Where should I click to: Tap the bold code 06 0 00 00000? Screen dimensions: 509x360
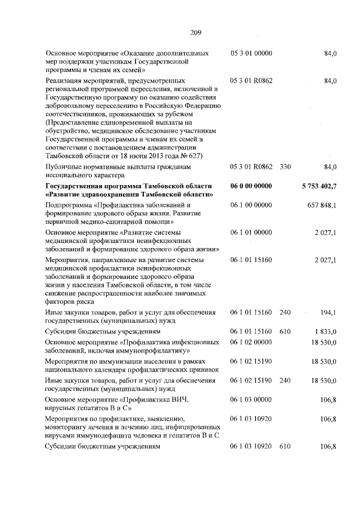[x=251, y=186]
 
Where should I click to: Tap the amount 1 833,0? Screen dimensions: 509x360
[x=323, y=331]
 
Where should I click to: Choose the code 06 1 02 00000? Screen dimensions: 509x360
[x=251, y=341]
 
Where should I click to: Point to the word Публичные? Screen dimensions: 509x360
[x=64, y=167]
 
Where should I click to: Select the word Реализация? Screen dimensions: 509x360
[x=65, y=81]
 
